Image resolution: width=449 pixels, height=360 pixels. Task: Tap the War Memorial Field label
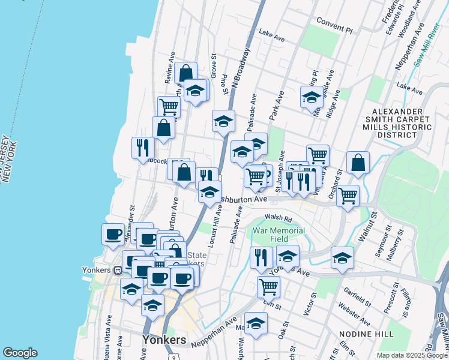tap(279, 235)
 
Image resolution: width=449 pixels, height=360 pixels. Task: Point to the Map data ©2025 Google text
tap(412, 355)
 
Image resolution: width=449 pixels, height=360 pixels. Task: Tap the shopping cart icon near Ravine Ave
tap(169, 107)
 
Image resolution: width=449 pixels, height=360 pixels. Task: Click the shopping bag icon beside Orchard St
tap(358, 162)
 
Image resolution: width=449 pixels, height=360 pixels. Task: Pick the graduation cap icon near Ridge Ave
tap(312, 96)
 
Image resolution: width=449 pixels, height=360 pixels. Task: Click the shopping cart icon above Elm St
tap(268, 286)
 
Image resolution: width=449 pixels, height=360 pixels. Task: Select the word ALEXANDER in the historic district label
tap(397, 112)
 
